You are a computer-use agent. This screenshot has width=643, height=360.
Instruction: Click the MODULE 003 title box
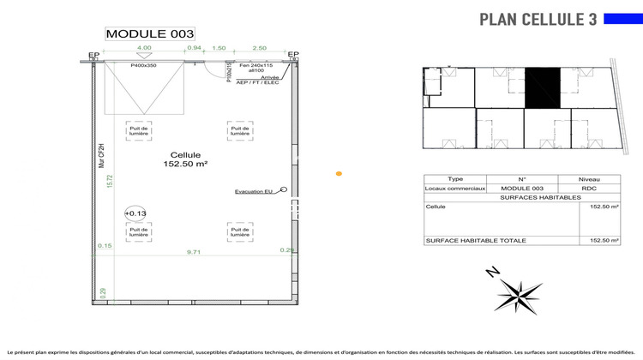pos(144,33)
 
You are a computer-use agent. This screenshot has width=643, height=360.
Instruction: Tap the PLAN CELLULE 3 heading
pos(538,19)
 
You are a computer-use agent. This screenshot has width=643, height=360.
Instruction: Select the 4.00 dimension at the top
pos(144,49)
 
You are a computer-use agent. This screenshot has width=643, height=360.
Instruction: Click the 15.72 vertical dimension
pos(110,182)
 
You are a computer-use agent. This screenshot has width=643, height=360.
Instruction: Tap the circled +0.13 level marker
pos(135,213)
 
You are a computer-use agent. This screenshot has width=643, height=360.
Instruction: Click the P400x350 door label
pos(143,65)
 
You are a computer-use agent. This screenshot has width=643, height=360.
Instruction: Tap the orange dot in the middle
pos(339,174)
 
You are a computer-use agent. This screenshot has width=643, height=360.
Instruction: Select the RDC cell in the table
pos(588,188)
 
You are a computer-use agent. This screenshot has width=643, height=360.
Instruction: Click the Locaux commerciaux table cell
pos(455,188)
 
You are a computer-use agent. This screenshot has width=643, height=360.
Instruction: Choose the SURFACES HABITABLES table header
pos(522,197)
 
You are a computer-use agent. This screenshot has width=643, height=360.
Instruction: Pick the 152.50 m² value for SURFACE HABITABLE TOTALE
pos(604,241)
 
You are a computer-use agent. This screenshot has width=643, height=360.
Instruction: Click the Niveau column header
pos(588,179)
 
